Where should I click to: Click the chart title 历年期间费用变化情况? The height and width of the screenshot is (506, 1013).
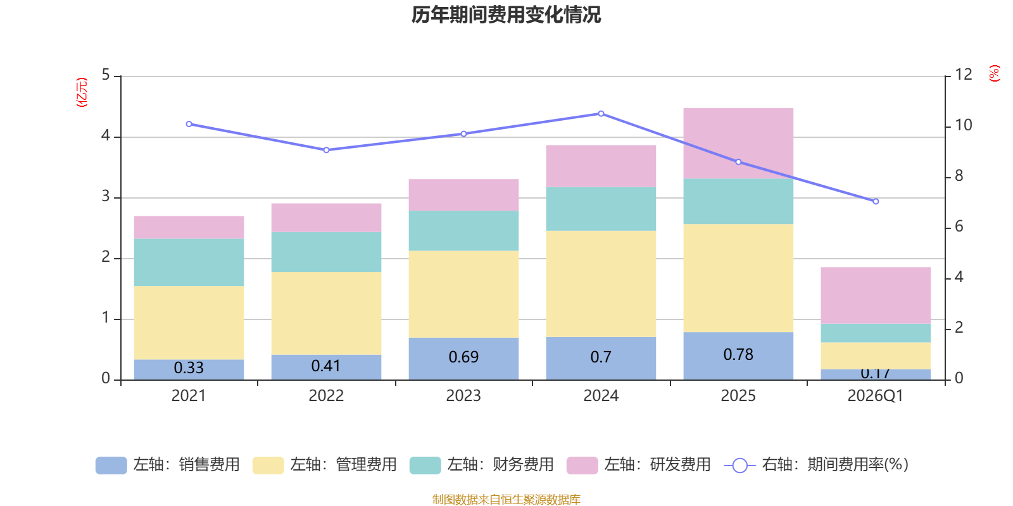point(506,15)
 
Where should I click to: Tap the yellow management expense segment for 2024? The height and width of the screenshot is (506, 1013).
point(601,283)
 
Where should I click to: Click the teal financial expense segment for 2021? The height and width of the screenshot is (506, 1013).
point(189,262)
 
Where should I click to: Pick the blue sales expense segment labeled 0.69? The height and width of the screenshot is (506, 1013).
point(463,358)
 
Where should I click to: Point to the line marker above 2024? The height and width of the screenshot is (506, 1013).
point(601,114)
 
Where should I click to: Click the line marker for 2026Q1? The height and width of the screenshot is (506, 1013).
point(876,201)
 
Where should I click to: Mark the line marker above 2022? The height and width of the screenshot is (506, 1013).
point(326,150)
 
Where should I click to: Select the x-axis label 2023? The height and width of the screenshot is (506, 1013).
point(463,396)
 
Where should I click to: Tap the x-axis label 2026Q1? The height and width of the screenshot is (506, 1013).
point(876,396)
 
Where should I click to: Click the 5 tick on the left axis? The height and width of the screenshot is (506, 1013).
point(106,75)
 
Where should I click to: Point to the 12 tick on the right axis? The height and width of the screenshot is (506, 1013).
point(963,75)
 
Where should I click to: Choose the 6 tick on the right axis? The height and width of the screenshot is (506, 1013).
point(959,226)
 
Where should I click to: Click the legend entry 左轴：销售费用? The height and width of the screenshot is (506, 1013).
point(168,465)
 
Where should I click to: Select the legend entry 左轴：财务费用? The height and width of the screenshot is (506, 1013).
point(482,465)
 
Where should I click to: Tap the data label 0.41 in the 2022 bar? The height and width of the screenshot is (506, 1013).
point(326,366)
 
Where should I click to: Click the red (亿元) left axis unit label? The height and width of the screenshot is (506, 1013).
point(81,92)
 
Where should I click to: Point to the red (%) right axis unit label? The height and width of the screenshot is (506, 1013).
point(995,73)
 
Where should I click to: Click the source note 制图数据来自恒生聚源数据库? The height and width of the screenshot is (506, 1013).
point(506,500)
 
